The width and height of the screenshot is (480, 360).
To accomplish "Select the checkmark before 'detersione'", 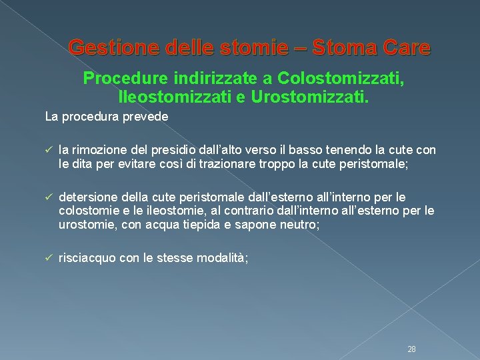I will point(49,197).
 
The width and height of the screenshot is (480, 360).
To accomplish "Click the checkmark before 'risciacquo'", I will point(49,257).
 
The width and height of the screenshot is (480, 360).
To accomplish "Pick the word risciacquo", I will point(87,257).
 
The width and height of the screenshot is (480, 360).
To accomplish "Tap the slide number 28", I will point(411,331).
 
